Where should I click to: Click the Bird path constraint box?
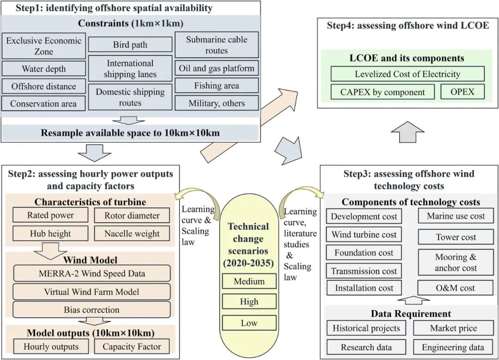pyautogui.click(x=130, y=45)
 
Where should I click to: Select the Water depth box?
pyautogui.click(x=44, y=69)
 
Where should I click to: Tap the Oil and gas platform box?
pyautogui.click(x=217, y=68)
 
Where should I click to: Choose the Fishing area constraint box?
pyautogui.click(x=217, y=85)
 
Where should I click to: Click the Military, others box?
pyautogui.click(x=217, y=103)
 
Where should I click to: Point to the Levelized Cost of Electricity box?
pyautogui.click(x=408, y=74)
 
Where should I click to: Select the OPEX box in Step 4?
pyautogui.click(x=462, y=92)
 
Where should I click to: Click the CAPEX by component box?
pyautogui.click(x=383, y=92)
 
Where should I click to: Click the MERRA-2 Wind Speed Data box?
pyautogui.click(x=91, y=273)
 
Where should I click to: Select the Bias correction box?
pyautogui.click(x=91, y=310)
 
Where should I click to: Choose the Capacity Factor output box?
pyautogui.click(x=132, y=347)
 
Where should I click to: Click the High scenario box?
pyautogui.click(x=249, y=302)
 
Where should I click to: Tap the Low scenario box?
pyautogui.click(x=249, y=323)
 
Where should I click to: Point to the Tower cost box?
pyautogui.click(x=456, y=237)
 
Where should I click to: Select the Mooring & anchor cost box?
pyautogui.click(x=456, y=262)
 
